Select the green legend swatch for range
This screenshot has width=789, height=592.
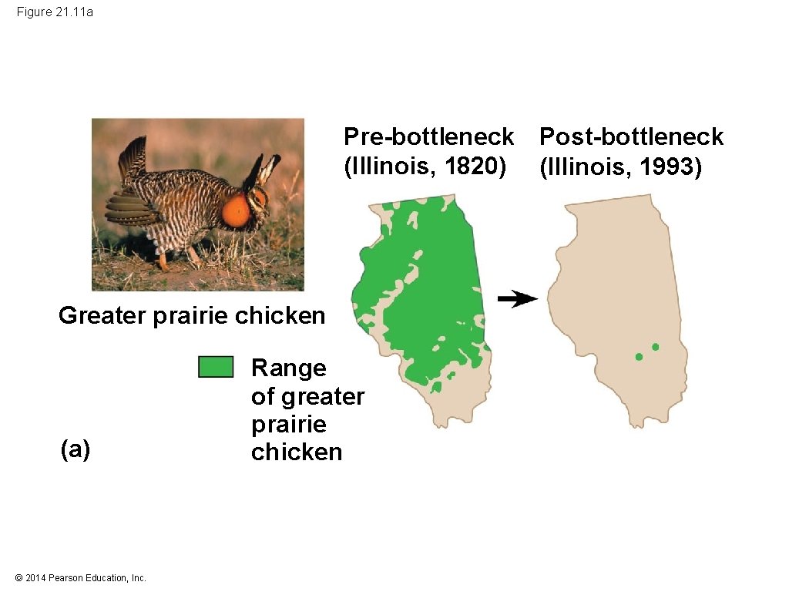[215, 367]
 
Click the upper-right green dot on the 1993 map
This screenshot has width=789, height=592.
[656, 347]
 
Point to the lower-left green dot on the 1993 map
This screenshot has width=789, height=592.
[639, 357]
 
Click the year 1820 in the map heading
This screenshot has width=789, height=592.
[475, 165]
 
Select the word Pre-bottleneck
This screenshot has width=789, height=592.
[428, 136]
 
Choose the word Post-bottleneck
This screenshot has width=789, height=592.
[631, 136]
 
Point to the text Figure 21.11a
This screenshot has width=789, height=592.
[55, 12]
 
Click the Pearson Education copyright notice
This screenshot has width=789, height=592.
[80, 578]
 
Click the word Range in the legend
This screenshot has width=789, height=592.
[288, 368]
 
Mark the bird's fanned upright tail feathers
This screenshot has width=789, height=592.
[133, 158]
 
